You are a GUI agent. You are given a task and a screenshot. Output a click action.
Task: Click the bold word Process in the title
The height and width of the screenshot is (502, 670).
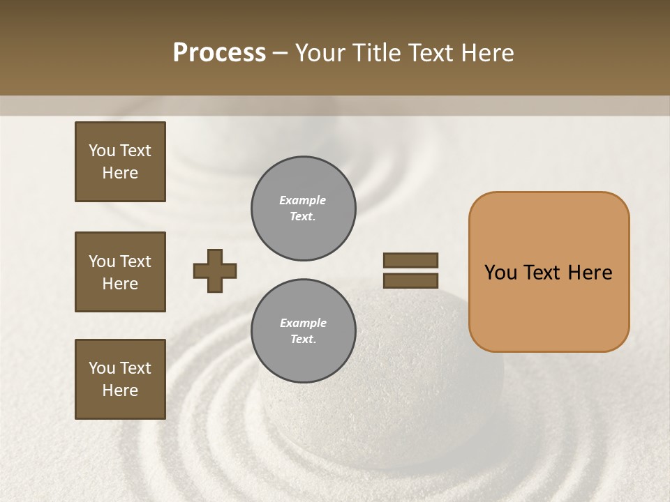coord(219,53)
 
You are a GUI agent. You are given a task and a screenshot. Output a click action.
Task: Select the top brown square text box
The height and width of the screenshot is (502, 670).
coord(120,162)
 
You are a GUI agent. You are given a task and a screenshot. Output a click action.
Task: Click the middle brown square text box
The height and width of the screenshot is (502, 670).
coord(120,272)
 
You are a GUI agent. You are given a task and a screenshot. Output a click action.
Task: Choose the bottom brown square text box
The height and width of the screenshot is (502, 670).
coord(120,379)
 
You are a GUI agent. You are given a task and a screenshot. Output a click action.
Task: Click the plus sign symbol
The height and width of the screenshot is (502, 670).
coord(215,271)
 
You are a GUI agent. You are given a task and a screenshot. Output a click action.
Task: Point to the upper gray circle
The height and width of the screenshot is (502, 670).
coord(303,208)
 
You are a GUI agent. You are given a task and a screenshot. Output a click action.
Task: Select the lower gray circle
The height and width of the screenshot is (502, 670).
coord(303,331)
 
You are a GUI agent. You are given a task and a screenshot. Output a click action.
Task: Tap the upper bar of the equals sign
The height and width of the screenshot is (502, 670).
coord(411,260)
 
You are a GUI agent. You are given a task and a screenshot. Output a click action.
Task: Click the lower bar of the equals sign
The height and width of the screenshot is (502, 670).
coord(411,280)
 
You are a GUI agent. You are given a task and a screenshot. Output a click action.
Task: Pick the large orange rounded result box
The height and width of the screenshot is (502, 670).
coord(549,272)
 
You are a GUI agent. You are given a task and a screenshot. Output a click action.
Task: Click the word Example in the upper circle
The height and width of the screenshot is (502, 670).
coord(303,200)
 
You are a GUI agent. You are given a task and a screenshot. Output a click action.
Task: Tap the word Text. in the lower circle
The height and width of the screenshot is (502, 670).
coord(303,340)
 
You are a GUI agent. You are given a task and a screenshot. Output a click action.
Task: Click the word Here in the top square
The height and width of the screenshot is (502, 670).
coord(120,173)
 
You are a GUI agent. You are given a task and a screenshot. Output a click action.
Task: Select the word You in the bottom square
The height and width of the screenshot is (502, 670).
coord(102,368)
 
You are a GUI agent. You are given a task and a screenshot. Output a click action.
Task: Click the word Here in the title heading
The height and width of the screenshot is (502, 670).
coord(486,53)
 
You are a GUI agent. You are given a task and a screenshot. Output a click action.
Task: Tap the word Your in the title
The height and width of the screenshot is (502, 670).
coord(320,53)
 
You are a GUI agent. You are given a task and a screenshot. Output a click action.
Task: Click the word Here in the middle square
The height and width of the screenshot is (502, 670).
coord(120,284)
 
